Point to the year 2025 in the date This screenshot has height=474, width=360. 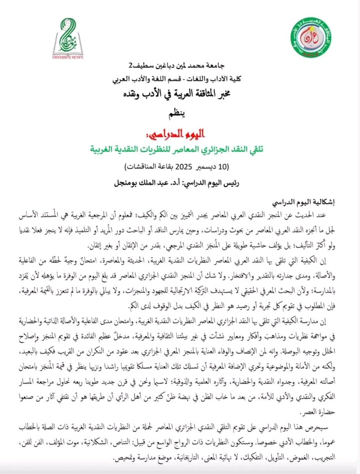pyautogui.click(x=185, y=166)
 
